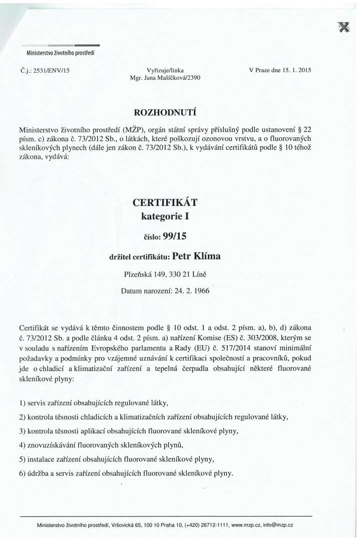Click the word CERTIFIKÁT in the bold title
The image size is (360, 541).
(165, 203)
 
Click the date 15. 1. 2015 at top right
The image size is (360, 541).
(296, 71)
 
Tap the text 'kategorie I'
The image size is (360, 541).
(165, 217)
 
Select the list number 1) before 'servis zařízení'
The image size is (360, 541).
(23, 403)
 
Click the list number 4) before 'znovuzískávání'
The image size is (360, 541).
(23, 445)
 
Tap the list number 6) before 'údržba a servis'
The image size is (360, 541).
(23, 473)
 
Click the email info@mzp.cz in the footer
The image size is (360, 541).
(280, 525)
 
